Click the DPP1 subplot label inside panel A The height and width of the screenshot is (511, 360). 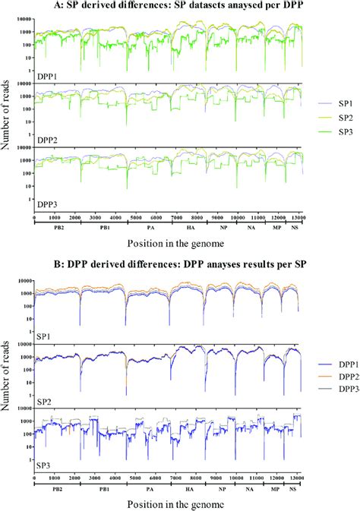pyautogui.click(x=49, y=77)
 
